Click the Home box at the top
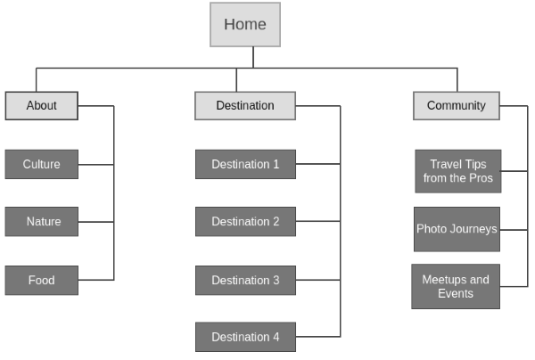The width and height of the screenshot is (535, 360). point(245,24)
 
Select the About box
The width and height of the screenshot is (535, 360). point(41,105)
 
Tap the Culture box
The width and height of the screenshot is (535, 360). point(41,164)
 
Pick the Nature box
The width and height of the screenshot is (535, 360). point(41,221)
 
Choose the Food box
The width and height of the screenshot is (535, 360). point(41,280)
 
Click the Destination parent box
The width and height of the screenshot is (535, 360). point(245,105)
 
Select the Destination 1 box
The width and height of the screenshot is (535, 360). point(245,164)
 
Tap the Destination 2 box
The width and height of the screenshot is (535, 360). point(245,221)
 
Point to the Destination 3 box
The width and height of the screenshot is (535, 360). point(245,280)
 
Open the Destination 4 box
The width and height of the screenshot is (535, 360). point(245,337)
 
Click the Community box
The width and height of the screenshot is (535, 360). point(456,105)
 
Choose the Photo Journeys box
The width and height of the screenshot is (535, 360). point(457,229)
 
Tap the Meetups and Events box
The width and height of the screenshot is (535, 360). point(455,286)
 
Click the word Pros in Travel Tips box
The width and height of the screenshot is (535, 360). point(480,178)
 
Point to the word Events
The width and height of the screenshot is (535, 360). point(455,293)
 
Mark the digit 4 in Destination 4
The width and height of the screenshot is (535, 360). point(276,337)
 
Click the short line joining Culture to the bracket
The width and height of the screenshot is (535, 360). point(95,164)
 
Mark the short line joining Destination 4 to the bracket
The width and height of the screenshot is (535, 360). point(317,337)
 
